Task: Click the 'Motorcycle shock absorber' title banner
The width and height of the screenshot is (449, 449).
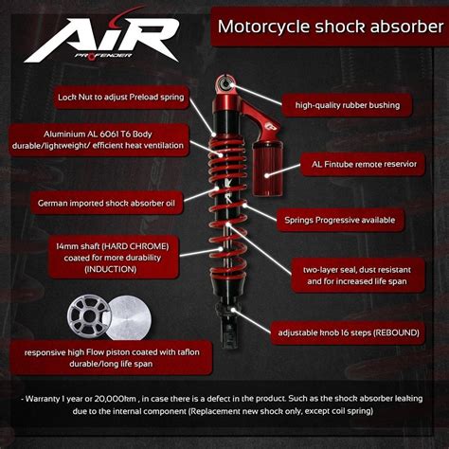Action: point(318,26)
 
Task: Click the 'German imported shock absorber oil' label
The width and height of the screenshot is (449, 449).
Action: point(103,202)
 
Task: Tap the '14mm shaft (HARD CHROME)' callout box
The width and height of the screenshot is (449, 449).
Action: point(105,256)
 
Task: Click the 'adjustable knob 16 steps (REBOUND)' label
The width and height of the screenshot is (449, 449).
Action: point(346,332)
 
